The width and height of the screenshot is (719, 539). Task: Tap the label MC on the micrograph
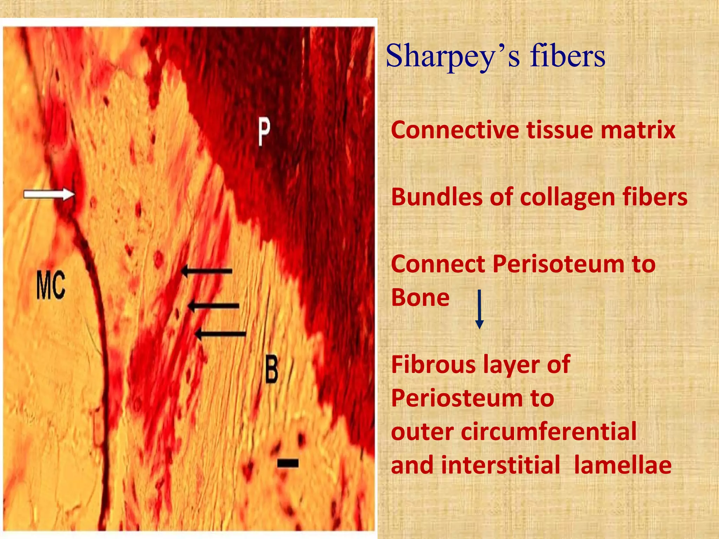[51, 286]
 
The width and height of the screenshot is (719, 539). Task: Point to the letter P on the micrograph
[264, 131]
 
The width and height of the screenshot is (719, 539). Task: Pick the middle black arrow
[213, 306]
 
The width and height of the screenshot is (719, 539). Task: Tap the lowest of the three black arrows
[220, 334]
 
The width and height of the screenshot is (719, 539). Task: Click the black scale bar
[288, 463]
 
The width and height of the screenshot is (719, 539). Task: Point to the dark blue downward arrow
[479, 309]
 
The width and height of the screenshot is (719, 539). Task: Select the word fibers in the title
[568, 56]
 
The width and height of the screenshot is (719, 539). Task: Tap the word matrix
[638, 130]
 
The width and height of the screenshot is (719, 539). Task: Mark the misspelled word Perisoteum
[554, 264]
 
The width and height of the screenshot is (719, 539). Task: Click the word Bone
[420, 298]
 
